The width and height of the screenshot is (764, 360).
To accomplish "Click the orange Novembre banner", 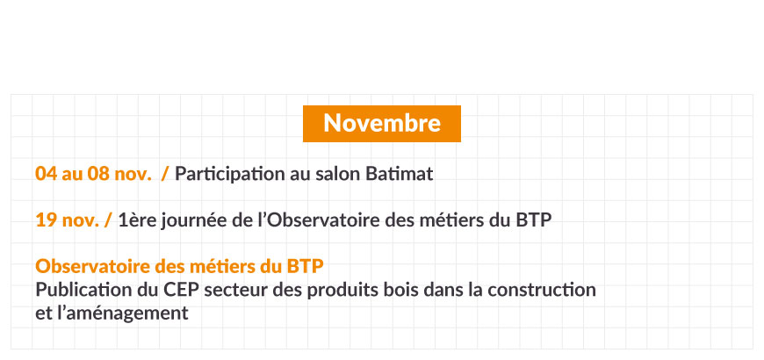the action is click(381, 124).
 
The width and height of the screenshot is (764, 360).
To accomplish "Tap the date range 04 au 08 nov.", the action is click(94, 174).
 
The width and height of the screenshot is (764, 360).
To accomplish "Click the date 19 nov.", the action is click(68, 220).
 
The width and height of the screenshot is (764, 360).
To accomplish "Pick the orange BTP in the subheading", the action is click(305, 266).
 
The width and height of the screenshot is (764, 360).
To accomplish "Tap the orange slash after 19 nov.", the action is click(108, 220).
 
